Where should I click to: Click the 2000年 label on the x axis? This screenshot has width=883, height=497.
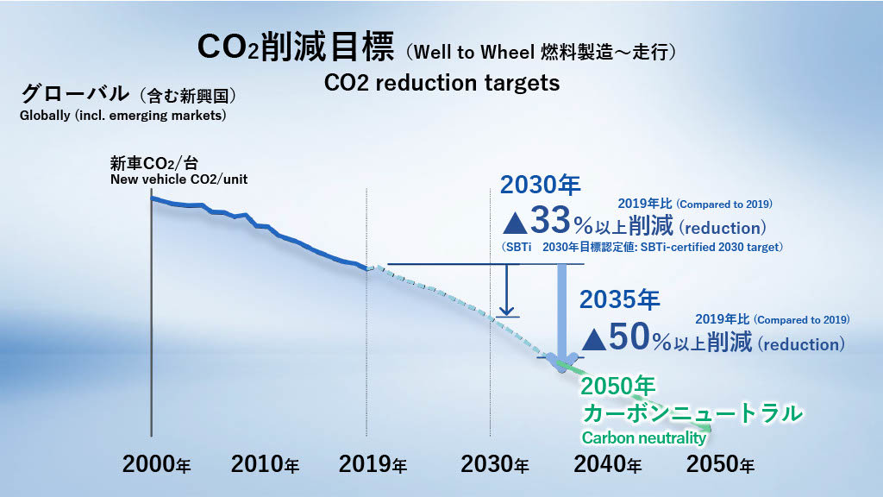coord(157,464)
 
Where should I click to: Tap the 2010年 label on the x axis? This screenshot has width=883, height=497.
coord(265,464)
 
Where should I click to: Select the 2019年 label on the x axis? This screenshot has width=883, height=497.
coord(373,464)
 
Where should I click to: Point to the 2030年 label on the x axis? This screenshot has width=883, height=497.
coord(495,464)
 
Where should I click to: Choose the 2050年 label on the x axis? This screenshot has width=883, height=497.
coord(720,464)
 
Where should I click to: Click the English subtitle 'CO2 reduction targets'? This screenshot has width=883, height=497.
coord(441,83)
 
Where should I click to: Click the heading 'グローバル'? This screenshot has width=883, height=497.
coord(73,94)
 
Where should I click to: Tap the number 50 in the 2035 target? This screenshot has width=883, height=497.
coord(629,339)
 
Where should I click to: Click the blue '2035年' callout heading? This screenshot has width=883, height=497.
coord(619,300)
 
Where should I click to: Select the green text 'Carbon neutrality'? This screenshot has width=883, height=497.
coord(643,437)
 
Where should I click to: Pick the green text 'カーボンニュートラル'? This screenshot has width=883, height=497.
coord(692,412)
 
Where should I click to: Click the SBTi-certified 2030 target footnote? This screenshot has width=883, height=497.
coord(642,248)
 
